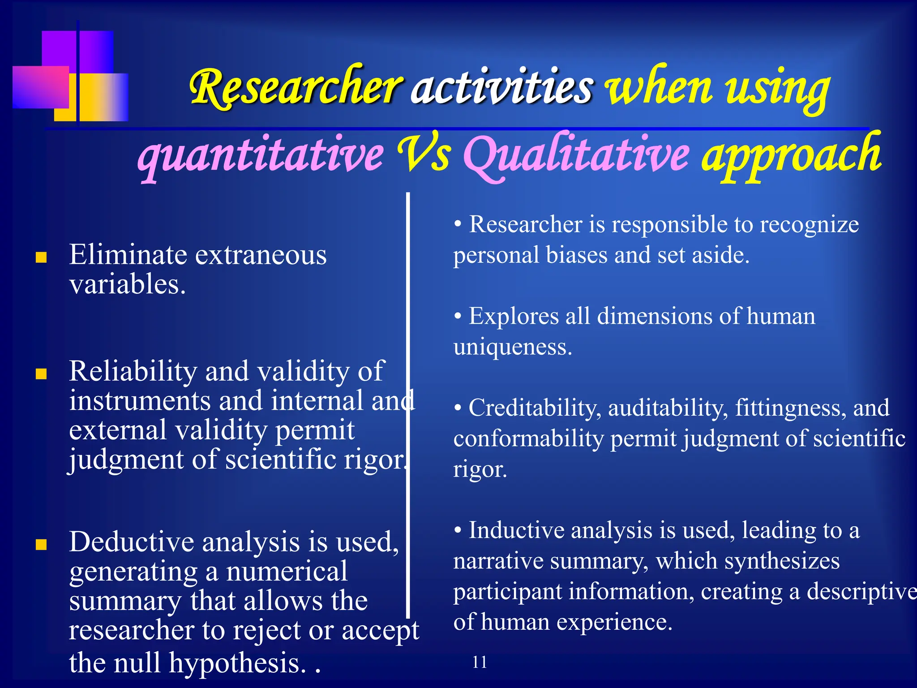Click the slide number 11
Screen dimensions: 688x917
[x=480, y=662]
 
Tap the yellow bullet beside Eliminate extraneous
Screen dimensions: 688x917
[x=41, y=257]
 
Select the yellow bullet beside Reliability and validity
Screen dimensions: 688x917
[x=41, y=374]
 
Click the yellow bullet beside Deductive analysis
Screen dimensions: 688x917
[x=41, y=544]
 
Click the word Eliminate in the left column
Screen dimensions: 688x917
[x=128, y=255]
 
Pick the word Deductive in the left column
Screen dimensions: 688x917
[x=131, y=542]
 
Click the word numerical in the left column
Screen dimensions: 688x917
[x=287, y=572]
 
